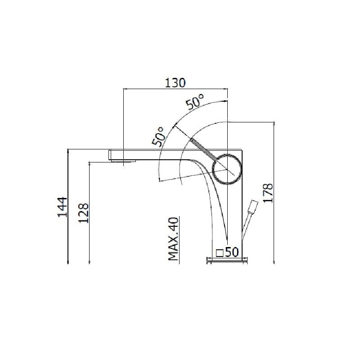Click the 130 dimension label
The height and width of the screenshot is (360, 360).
pos(175,83)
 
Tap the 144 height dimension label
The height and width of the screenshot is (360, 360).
pos(63,207)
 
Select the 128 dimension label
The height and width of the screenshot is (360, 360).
pos(84,213)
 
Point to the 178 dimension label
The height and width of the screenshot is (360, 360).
pos(268,193)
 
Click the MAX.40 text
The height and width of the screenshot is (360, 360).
pos(173,239)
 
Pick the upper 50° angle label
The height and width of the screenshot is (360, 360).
pos(195,102)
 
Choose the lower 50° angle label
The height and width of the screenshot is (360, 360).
pos(158,137)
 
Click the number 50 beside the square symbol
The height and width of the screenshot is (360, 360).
pos(232,252)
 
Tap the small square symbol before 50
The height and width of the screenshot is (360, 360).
pos(220,253)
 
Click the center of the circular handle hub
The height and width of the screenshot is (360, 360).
pos(227,169)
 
